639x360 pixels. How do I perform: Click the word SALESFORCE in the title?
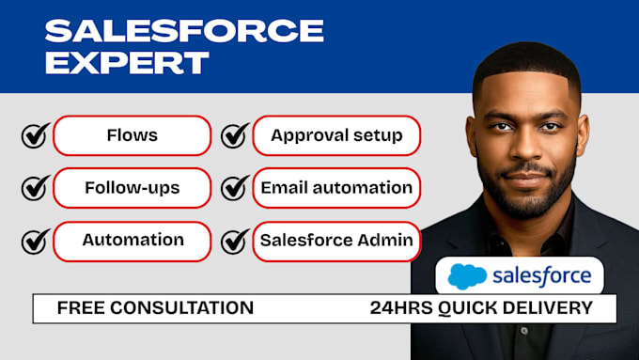coord(184,31)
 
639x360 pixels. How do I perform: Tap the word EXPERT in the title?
coord(127,62)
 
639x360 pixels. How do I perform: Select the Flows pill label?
coord(132,135)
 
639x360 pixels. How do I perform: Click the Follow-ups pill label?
coord(132,188)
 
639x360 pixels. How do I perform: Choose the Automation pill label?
coord(132,240)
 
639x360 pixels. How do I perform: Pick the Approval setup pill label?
coord(336,135)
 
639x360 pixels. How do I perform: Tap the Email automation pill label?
coord(336,188)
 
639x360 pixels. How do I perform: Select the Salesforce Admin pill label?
coord(336,240)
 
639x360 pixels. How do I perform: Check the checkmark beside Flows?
coord(36,135)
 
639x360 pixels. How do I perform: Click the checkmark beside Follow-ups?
coord(36,188)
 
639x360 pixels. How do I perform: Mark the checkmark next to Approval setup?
coord(235,135)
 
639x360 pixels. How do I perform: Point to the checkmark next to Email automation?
coord(235,188)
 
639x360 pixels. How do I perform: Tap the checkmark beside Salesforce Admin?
coord(235,241)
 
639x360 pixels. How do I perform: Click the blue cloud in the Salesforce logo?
coord(467,276)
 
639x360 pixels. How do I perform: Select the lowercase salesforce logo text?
coord(542,275)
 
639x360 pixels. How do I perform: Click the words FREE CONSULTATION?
coord(155,307)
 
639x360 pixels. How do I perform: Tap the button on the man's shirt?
coord(524,331)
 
